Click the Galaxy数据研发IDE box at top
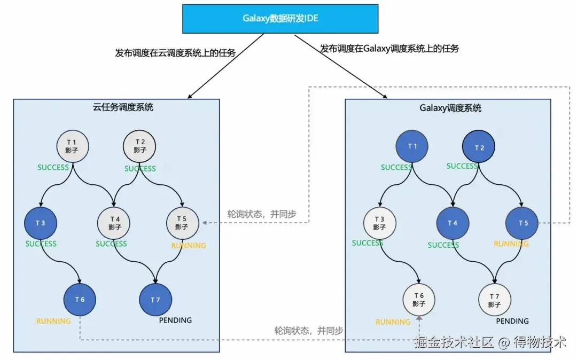click(x=280, y=19)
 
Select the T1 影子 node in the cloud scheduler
click(x=73, y=146)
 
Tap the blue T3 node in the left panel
click(x=41, y=223)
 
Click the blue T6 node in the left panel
click(x=80, y=300)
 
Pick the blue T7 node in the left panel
click(x=155, y=300)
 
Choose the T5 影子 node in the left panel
click(x=183, y=223)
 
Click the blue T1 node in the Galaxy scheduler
click(x=412, y=146)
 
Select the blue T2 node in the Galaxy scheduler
click(x=479, y=146)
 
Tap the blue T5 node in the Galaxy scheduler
click(x=522, y=223)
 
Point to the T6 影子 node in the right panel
click(x=419, y=300)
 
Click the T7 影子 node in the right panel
click(x=495, y=300)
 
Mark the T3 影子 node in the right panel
click(x=380, y=223)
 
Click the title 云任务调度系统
click(x=123, y=107)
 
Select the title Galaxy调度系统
click(x=450, y=108)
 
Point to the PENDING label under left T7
click(x=175, y=320)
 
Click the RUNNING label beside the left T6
click(x=53, y=321)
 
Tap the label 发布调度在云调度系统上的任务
click(x=175, y=53)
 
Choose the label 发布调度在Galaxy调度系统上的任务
click(x=389, y=49)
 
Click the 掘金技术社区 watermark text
click(x=454, y=342)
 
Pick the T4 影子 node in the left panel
click(x=114, y=223)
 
